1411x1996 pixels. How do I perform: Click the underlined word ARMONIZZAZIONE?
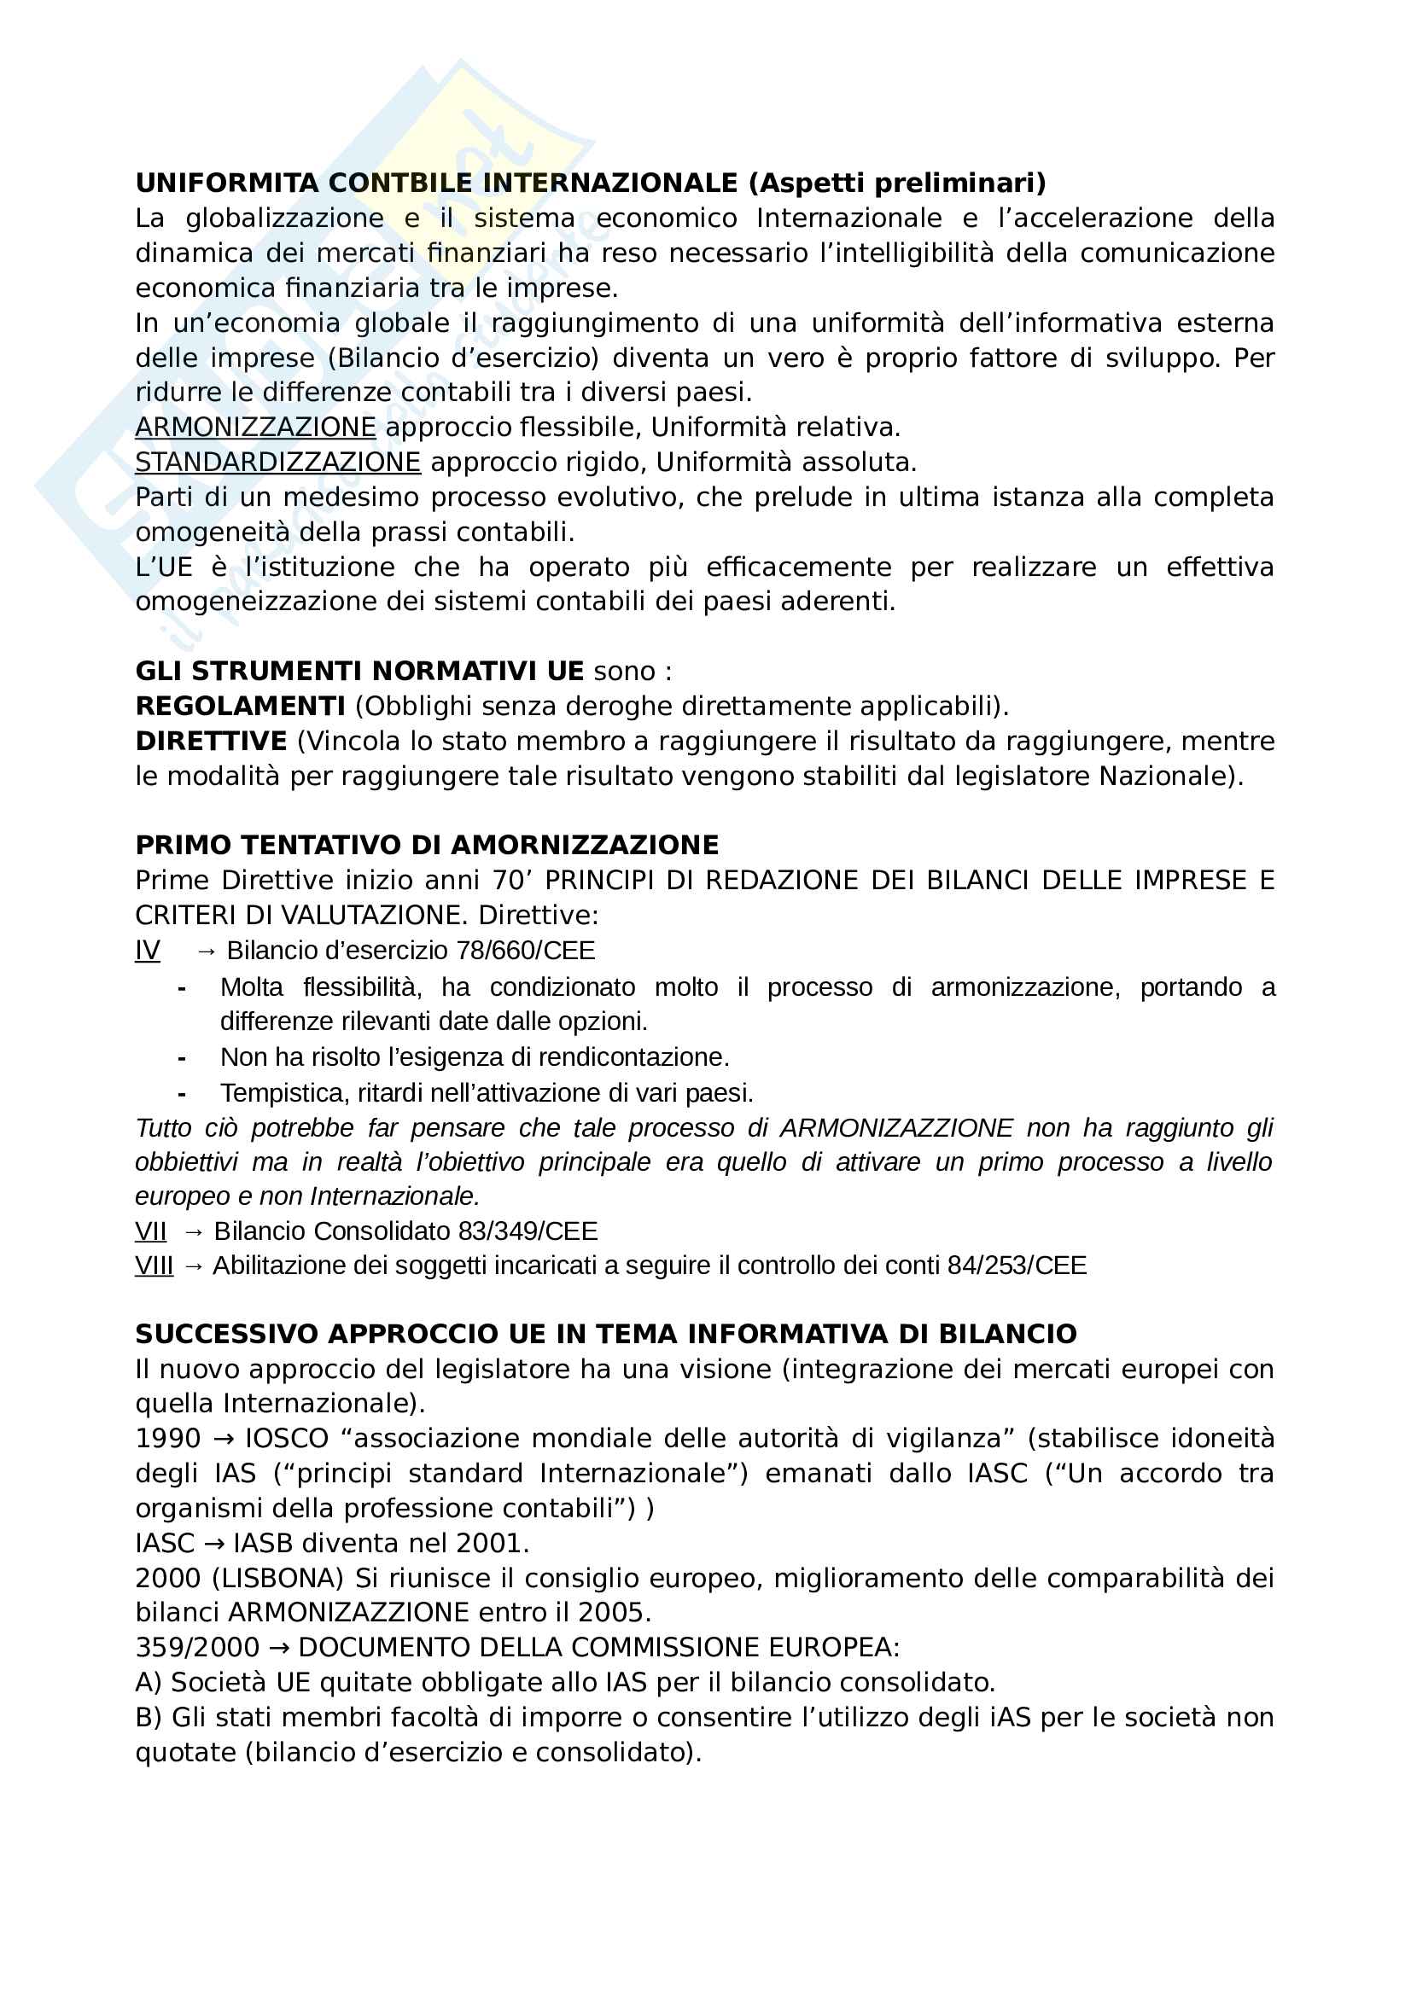pos(255,427)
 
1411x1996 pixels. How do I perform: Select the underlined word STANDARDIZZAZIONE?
pos(277,462)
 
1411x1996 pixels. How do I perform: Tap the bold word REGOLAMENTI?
pos(240,706)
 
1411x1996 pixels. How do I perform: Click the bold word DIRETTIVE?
pos(210,741)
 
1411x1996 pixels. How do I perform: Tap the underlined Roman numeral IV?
pos(147,950)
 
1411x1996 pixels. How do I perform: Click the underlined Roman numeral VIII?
pos(154,1265)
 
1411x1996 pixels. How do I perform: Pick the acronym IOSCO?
pos(286,1439)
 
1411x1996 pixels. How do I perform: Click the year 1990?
pos(168,1439)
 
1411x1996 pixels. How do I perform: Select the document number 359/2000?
pos(197,1647)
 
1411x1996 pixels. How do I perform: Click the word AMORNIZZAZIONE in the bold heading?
pos(585,845)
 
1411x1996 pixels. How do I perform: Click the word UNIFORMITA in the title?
pos(227,183)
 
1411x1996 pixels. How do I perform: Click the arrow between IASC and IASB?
pos(213,1543)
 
